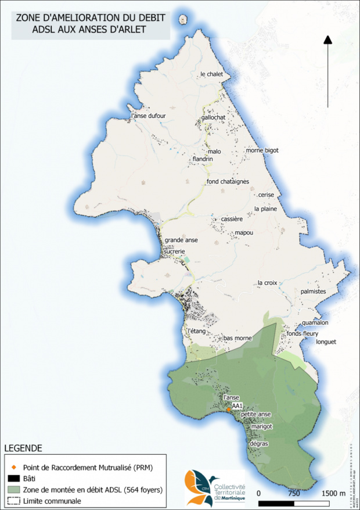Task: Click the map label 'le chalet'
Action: coord(212,74)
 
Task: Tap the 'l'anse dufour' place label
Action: coord(149,116)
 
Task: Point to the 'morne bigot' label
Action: coord(262,150)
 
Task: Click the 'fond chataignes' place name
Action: coord(228,182)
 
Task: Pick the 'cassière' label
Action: coord(231,219)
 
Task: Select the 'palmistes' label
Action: coord(314,292)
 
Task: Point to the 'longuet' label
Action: coord(326,342)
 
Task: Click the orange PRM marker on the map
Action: coord(229,410)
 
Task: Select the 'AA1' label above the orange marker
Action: coord(236,405)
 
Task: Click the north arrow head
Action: coord(327,39)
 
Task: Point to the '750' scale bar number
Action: coord(294,493)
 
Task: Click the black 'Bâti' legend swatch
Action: coord(13,478)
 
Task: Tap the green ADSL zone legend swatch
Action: coord(13,489)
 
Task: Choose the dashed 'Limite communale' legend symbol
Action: coord(13,500)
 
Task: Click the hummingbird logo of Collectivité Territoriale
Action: coord(195,486)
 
